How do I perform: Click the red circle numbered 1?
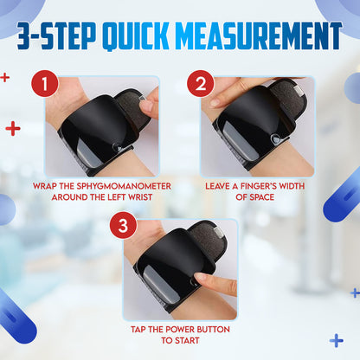coord(45,83)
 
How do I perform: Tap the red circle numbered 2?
coord(201,83)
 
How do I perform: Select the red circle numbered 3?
coord(123,225)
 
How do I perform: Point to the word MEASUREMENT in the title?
coord(259,35)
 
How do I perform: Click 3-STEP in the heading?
coord(56,35)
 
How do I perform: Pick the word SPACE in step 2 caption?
coord(262,197)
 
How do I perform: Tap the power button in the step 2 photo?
coord(276,139)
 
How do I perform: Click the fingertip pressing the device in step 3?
coord(200,278)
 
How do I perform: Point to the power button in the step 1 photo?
coord(117,148)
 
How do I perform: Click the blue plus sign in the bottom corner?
coord(337,341)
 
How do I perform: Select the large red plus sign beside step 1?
coord(13,129)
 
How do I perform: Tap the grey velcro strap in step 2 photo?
coord(288,98)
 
